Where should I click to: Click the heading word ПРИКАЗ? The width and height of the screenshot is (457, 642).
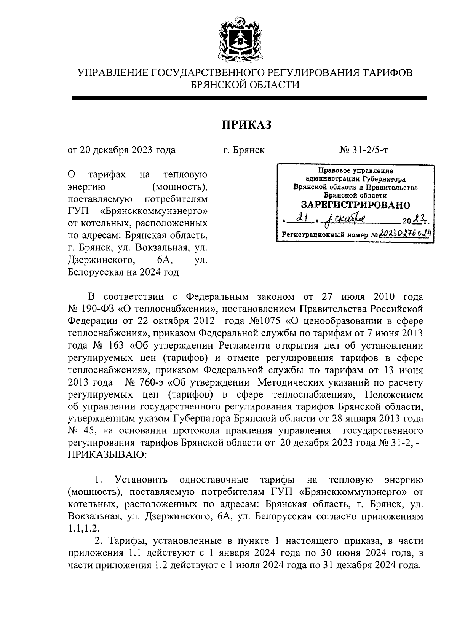coord(246,124)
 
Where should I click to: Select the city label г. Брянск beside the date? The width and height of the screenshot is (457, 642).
coord(244,150)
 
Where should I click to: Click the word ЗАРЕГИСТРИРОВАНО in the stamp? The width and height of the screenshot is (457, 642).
coord(356,205)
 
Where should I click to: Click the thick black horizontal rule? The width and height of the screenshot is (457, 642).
coord(249,98)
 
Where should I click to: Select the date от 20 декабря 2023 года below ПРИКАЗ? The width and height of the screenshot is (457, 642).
coord(121,150)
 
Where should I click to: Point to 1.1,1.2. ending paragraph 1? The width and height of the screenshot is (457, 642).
coord(84,529)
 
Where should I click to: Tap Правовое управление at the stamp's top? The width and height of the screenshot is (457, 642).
coord(356,171)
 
